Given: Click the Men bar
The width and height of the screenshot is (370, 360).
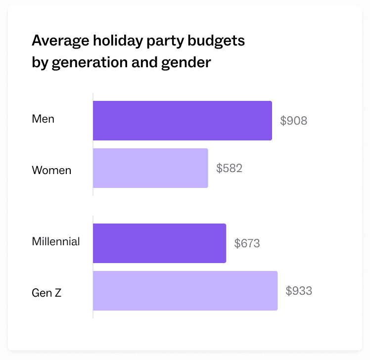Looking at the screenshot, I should tap(182, 121).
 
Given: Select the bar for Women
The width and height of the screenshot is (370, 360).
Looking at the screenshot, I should tap(150, 168).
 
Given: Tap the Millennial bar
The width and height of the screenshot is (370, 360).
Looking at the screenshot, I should tap(159, 243).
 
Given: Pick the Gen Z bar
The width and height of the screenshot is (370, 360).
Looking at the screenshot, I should tap(185, 291).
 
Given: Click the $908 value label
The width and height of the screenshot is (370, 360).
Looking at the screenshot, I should tap(294, 121).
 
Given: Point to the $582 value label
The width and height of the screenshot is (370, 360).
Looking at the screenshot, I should tap(230, 168).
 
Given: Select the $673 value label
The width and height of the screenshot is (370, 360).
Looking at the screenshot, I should tap(247, 243).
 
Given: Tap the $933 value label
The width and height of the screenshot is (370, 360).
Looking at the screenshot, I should tap(299, 291).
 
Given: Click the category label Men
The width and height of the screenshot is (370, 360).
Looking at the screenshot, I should tap(43, 119).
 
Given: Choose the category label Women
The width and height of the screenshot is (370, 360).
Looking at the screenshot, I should tap(51, 171).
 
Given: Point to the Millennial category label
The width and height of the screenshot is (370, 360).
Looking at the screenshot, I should tap(56, 242).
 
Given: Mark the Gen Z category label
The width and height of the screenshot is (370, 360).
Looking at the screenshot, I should tap(46, 293).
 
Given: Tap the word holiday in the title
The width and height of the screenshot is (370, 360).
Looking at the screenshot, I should tap(112, 41).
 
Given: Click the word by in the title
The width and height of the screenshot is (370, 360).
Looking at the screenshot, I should tap(38, 64).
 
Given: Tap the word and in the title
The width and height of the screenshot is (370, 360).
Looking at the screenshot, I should tap(146, 63).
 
